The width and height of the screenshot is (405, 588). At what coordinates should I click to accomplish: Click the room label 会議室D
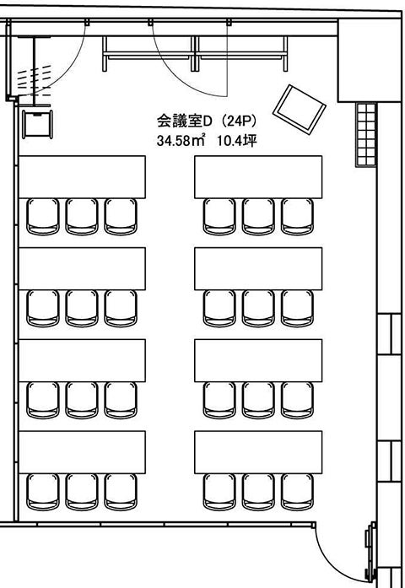tap(185, 121)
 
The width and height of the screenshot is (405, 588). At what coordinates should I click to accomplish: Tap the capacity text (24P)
tap(239, 121)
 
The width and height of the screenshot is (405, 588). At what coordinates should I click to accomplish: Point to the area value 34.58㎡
tap(181, 141)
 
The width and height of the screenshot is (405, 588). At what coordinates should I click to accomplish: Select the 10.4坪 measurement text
tap(237, 141)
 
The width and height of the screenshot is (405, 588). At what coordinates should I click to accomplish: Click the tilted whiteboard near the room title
tap(300, 110)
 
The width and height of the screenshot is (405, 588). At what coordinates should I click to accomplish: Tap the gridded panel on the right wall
tap(366, 135)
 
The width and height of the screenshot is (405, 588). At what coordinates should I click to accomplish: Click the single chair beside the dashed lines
tap(37, 124)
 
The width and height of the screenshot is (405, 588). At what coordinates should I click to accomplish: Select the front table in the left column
tap(82, 177)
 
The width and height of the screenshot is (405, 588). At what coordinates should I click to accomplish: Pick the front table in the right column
tap(258, 177)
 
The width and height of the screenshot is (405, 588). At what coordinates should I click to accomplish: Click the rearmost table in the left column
tap(82, 452)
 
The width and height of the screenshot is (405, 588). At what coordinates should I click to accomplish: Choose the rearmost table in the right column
tap(258, 452)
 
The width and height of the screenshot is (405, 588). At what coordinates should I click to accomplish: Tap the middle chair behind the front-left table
tap(82, 217)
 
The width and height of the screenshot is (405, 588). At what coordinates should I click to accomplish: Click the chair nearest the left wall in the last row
tap(43, 492)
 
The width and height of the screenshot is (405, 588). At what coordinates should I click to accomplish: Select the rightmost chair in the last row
tap(297, 492)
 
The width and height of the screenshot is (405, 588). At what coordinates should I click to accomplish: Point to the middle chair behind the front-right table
tap(258, 217)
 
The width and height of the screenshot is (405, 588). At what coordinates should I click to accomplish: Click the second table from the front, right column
tap(258, 268)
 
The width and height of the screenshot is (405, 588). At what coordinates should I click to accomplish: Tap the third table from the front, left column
tap(82, 360)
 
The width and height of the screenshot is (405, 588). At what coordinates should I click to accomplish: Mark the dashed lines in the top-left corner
tap(34, 80)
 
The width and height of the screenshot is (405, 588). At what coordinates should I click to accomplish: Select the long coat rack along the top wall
tap(195, 54)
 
